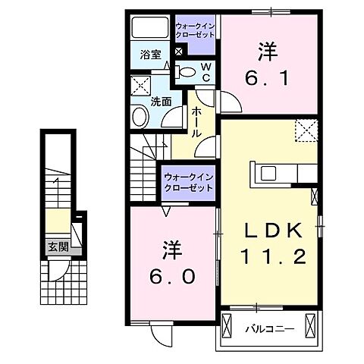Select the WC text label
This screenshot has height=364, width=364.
coord(205,72)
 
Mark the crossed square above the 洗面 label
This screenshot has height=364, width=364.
coord(140,85)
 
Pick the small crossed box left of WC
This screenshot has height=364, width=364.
coord(178,52)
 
